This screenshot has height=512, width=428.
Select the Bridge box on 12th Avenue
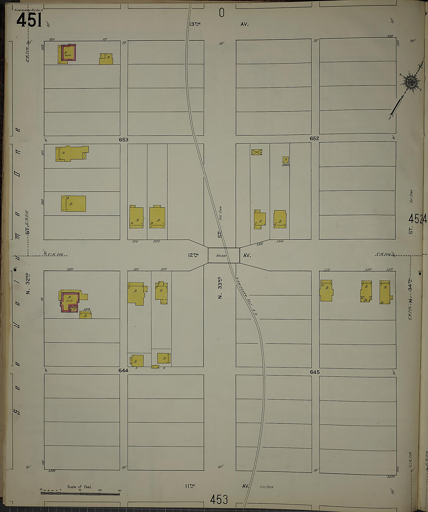click(223, 255)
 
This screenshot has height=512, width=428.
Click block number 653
click(124, 139)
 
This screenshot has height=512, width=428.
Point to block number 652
click(314, 139)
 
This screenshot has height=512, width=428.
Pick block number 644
click(123, 371)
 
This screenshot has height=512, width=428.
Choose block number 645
click(314, 372)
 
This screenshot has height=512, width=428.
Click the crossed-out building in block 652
click(256, 152)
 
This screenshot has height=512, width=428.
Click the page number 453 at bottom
click(219, 499)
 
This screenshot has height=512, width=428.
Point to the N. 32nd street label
click(28, 284)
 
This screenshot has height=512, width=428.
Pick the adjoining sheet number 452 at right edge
click(418, 219)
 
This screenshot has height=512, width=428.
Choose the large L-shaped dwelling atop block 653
click(72, 153)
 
